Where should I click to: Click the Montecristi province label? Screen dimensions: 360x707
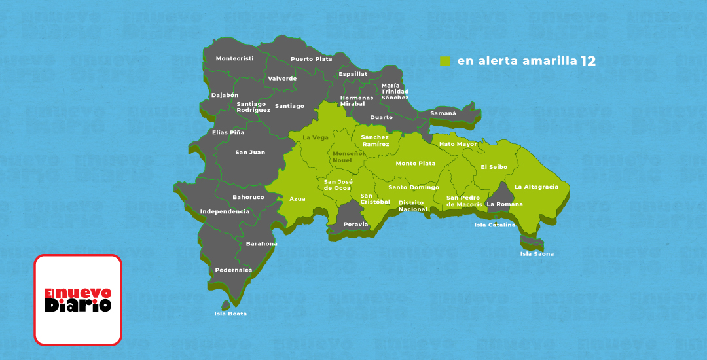click(x=234, y=58)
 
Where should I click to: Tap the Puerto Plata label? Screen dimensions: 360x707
click(x=311, y=59)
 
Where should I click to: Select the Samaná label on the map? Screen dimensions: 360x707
click(x=443, y=113)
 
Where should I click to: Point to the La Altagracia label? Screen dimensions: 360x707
click(x=536, y=187)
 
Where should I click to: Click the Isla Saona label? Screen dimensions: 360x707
click(x=536, y=254)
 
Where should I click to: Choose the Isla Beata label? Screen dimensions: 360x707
click(x=230, y=314)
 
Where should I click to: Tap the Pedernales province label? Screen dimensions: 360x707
click(x=233, y=270)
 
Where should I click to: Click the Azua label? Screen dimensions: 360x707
click(x=297, y=198)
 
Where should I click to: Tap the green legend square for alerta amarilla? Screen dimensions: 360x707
click(x=445, y=61)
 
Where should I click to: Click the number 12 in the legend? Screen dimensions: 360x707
click(x=587, y=61)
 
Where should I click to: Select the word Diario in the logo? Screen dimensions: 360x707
click(x=78, y=305)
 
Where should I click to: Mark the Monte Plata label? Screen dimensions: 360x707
click(x=415, y=164)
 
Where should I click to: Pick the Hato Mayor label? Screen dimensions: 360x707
click(x=458, y=144)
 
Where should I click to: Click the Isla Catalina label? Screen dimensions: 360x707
click(x=494, y=225)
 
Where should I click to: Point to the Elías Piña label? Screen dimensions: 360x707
click(x=228, y=132)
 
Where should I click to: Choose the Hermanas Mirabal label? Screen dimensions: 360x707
click(x=356, y=101)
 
